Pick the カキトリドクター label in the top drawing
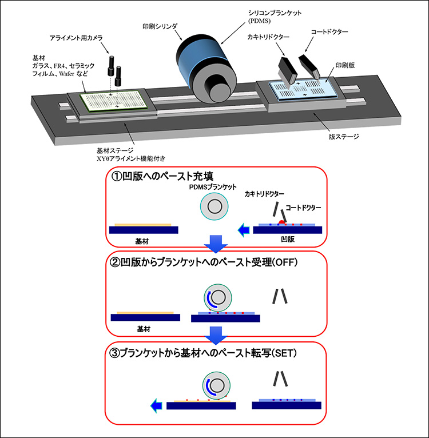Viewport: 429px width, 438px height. [268, 37]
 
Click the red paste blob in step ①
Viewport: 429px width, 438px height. [281, 221]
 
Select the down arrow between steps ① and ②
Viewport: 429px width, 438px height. [216, 244]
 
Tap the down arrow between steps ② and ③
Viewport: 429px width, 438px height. [216, 333]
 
